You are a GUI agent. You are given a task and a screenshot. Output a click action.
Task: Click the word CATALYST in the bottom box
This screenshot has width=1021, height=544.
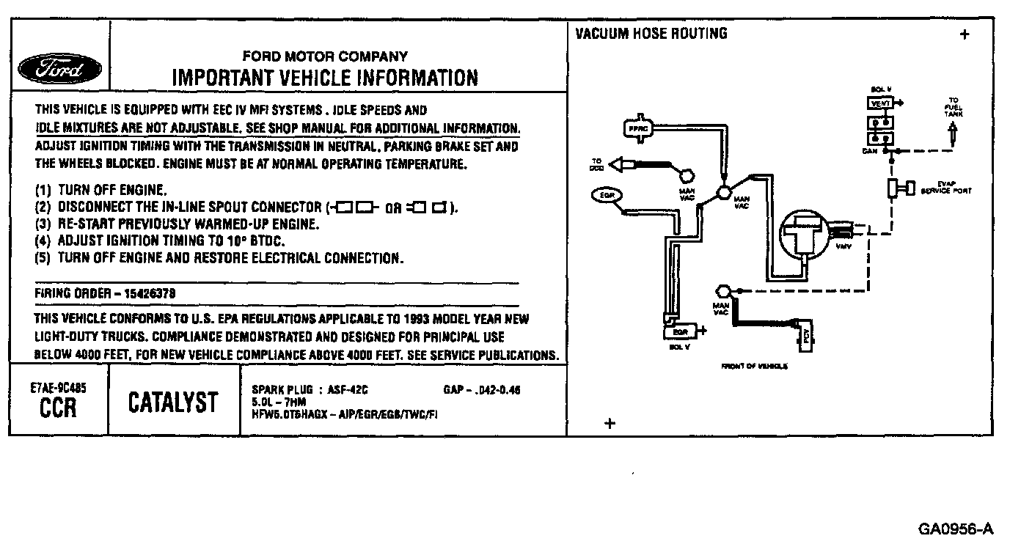[x=173, y=402]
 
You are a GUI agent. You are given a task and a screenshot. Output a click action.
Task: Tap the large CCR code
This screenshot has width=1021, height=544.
[x=58, y=408]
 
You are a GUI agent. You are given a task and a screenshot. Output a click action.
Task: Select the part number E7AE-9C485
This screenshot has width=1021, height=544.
[x=59, y=389]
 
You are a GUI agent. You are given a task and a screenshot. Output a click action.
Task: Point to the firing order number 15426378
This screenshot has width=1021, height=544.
[x=150, y=293]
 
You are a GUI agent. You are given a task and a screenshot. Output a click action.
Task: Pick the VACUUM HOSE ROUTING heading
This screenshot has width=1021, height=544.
[x=651, y=34]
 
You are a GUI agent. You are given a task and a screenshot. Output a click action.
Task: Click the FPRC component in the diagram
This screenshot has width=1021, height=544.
[x=635, y=128]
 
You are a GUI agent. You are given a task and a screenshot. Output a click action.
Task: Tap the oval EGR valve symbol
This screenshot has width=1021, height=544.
[x=607, y=196]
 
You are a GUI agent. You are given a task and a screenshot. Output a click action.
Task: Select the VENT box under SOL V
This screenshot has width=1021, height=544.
[x=879, y=104]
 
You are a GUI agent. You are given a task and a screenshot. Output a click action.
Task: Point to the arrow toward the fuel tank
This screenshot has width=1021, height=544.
[x=954, y=133]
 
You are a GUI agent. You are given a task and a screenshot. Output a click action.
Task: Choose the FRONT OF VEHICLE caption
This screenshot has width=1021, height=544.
[x=755, y=366]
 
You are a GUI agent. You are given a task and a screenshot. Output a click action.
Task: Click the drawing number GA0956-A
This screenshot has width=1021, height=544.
[x=956, y=529]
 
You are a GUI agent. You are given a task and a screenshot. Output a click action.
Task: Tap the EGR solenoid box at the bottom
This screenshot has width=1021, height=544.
[x=679, y=332]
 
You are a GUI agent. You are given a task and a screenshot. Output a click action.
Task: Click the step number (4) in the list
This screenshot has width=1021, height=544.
[x=45, y=240]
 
